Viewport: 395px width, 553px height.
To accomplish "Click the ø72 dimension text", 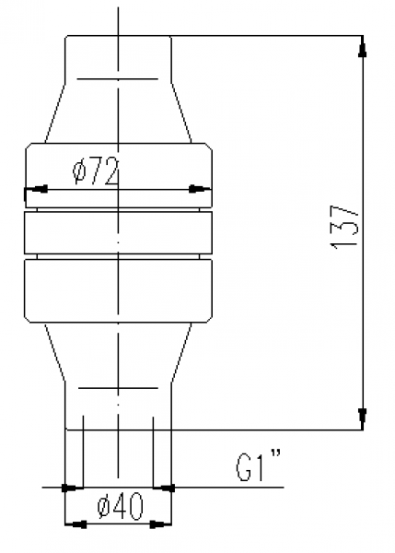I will click(x=95, y=171).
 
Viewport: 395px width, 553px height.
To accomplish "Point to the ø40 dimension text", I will click(x=119, y=505).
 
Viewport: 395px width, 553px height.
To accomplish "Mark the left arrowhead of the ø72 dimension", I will click(x=38, y=190).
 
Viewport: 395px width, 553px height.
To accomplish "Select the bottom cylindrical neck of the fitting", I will click(x=118, y=406).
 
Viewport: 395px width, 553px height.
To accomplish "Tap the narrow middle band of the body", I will click(x=118, y=232).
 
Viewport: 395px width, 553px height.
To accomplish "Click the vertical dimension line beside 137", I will click(x=362, y=138).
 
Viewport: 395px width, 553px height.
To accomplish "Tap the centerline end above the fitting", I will click(x=118, y=11).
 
